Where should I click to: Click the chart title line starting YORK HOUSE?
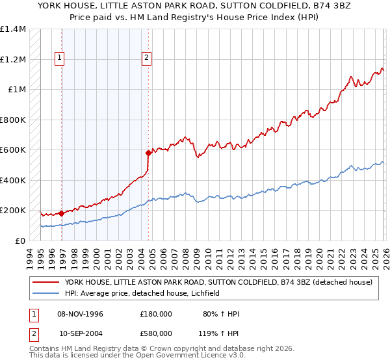[194, 5]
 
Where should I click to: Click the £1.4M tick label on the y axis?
[13, 29]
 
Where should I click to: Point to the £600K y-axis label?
[13, 150]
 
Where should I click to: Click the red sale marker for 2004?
[149, 153]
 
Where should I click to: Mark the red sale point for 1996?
[62, 213]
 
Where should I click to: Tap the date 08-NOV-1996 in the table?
[80, 314]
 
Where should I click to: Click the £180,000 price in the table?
[155, 314]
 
